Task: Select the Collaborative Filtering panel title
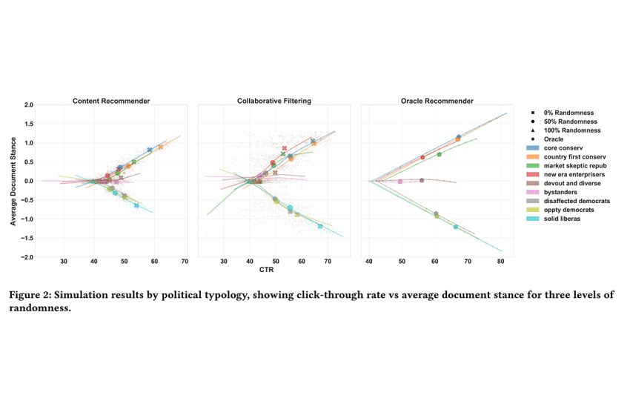273,101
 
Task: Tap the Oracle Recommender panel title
437,101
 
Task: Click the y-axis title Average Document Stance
13,181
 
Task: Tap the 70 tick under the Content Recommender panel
185,262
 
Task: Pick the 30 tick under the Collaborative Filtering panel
223,262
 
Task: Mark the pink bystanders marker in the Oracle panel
400,181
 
